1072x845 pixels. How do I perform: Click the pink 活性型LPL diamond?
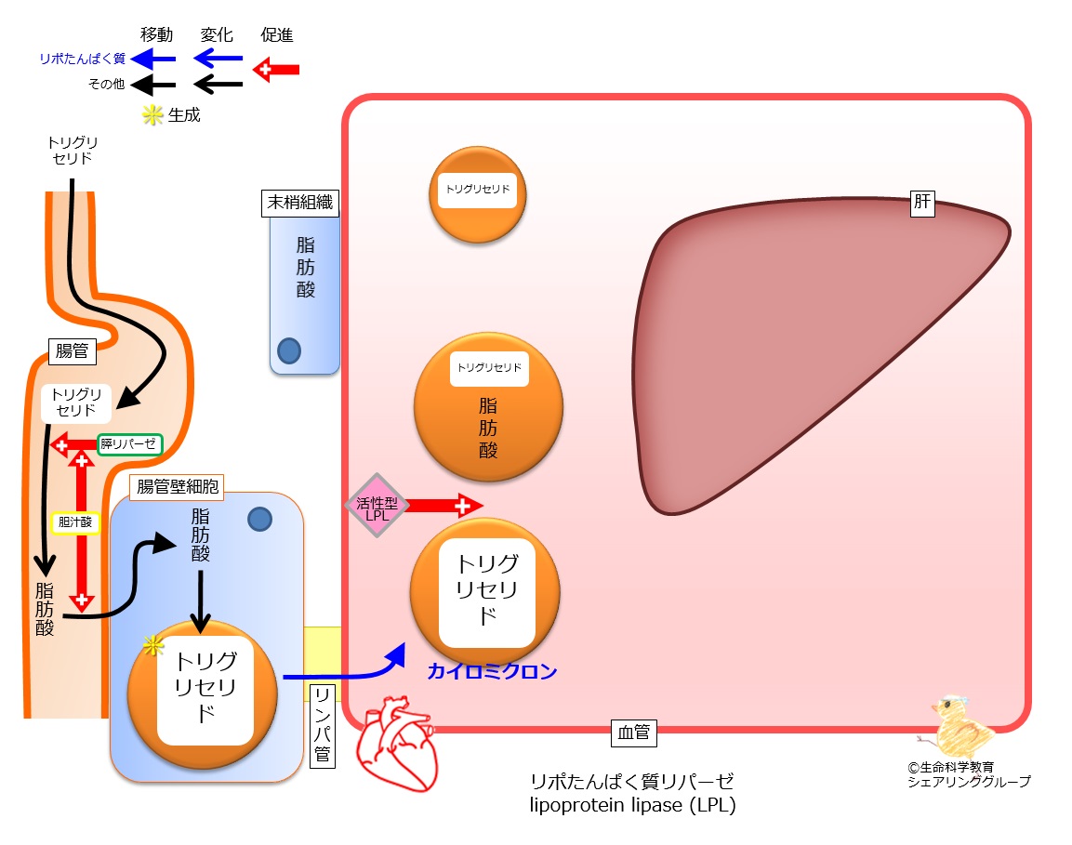pyautogui.click(x=377, y=506)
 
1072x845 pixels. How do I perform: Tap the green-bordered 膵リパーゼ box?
pyautogui.click(x=128, y=444)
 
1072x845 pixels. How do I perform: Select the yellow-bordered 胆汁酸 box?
pyautogui.click(x=75, y=523)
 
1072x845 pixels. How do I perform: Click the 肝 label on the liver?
pyautogui.click(x=922, y=202)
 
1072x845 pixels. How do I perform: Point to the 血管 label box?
pyautogui.click(x=634, y=733)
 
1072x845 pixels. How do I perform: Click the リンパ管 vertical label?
pyautogui.click(x=323, y=725)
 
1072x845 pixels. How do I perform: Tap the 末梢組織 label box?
pyautogui.click(x=300, y=203)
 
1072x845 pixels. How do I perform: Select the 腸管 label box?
pyautogui.click(x=73, y=351)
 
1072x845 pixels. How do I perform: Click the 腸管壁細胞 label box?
pyautogui.click(x=177, y=487)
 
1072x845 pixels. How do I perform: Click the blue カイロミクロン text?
pyautogui.click(x=492, y=672)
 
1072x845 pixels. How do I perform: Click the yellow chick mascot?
pyautogui.click(x=956, y=727)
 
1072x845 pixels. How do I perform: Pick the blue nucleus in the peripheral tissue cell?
pyautogui.click(x=289, y=351)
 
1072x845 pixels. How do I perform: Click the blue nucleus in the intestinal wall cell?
pyautogui.click(x=259, y=520)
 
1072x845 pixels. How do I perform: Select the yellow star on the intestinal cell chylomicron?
pyautogui.click(x=153, y=645)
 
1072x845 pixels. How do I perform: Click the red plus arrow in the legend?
pyautogui.click(x=276, y=69)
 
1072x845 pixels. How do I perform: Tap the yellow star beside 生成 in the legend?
pyautogui.click(x=152, y=115)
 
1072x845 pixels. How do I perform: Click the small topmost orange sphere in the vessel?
pyautogui.click(x=477, y=195)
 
